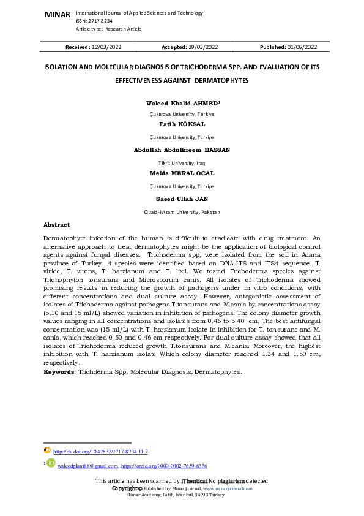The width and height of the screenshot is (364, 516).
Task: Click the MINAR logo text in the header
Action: [x=57, y=14]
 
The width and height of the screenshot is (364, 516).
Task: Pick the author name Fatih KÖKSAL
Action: [x=182, y=124]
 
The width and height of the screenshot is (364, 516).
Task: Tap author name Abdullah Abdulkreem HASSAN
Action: [x=182, y=150]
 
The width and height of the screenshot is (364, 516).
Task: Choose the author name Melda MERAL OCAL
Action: [x=182, y=173]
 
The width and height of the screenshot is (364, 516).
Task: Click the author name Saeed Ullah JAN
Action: [x=182, y=199]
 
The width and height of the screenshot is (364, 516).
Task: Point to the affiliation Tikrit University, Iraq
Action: [x=182, y=162]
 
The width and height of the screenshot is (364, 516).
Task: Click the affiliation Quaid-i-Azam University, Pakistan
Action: [x=182, y=211]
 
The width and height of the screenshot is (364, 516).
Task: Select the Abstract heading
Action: [x=57, y=225]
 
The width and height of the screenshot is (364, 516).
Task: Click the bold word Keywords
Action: [x=59, y=371]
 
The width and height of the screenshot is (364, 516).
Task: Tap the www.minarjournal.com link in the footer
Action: [x=227, y=488]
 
